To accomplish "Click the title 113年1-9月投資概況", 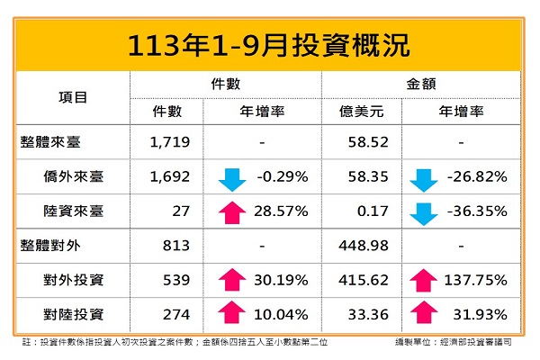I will coord(270,43).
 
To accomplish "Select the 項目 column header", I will coord(73,96).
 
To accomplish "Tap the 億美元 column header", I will coord(360,112).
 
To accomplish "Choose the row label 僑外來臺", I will coord(73,176).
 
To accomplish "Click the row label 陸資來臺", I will coord(73,211).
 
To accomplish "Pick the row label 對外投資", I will coord(73,280).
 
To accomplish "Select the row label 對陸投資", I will coord(73,314).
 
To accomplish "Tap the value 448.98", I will coord(360,246).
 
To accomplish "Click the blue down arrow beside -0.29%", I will coord(232,178).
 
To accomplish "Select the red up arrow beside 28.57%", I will coord(232,211).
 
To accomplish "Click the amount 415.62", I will coord(360,280).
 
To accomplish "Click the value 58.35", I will coord(360,176).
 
